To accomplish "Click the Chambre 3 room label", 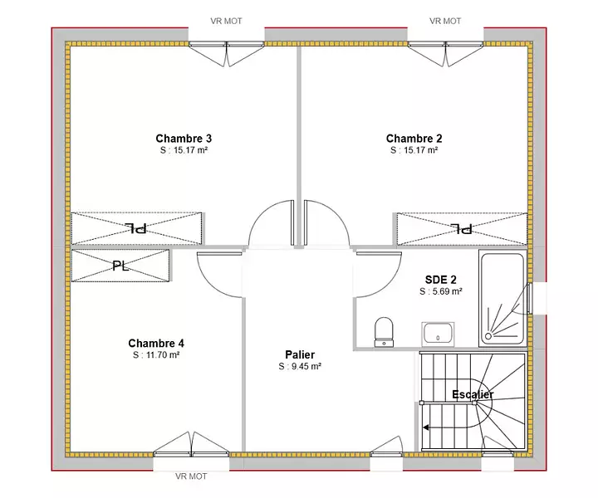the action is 184,139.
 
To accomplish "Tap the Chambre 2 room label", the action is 414,139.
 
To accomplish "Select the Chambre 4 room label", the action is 156,344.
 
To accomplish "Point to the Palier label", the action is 300,354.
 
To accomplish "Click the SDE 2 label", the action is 440,280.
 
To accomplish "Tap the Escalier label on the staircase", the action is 473,394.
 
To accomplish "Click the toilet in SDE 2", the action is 384,332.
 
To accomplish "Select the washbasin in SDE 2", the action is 438,334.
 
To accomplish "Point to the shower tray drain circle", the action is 488,336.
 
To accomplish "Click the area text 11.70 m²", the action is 163,355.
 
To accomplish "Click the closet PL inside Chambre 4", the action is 120,266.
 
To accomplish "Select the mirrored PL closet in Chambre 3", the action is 136,228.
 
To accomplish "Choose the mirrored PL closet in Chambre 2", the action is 462,229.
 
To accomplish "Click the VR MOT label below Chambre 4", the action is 191,476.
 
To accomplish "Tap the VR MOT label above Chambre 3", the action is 226,21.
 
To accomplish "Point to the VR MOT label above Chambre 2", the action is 445,21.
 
